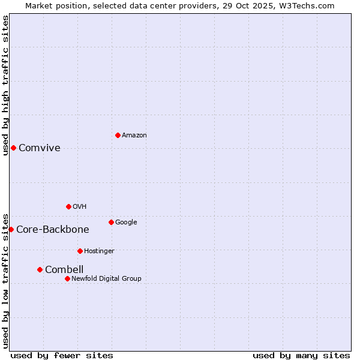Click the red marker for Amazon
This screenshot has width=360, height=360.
118,135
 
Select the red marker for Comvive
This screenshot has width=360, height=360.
13,148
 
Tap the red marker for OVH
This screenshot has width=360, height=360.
68,206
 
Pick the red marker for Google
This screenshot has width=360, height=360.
111,222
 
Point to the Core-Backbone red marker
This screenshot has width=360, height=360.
11,229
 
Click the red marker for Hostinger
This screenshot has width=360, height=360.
80,251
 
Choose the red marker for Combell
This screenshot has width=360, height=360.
40,269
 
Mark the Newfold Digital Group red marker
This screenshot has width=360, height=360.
67,278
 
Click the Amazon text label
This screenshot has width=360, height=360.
134,136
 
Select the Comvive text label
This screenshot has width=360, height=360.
40,148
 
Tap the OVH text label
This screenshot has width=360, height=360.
80,207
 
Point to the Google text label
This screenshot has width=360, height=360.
126,223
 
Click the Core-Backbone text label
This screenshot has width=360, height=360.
53,230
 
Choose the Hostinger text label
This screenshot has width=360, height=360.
99,251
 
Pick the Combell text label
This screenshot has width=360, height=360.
64,270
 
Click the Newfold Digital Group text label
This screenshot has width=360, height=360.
107,279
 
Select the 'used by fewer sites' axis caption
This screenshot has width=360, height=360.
62,355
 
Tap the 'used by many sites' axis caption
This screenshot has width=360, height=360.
301,355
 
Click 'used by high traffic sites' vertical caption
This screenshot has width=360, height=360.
5,85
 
